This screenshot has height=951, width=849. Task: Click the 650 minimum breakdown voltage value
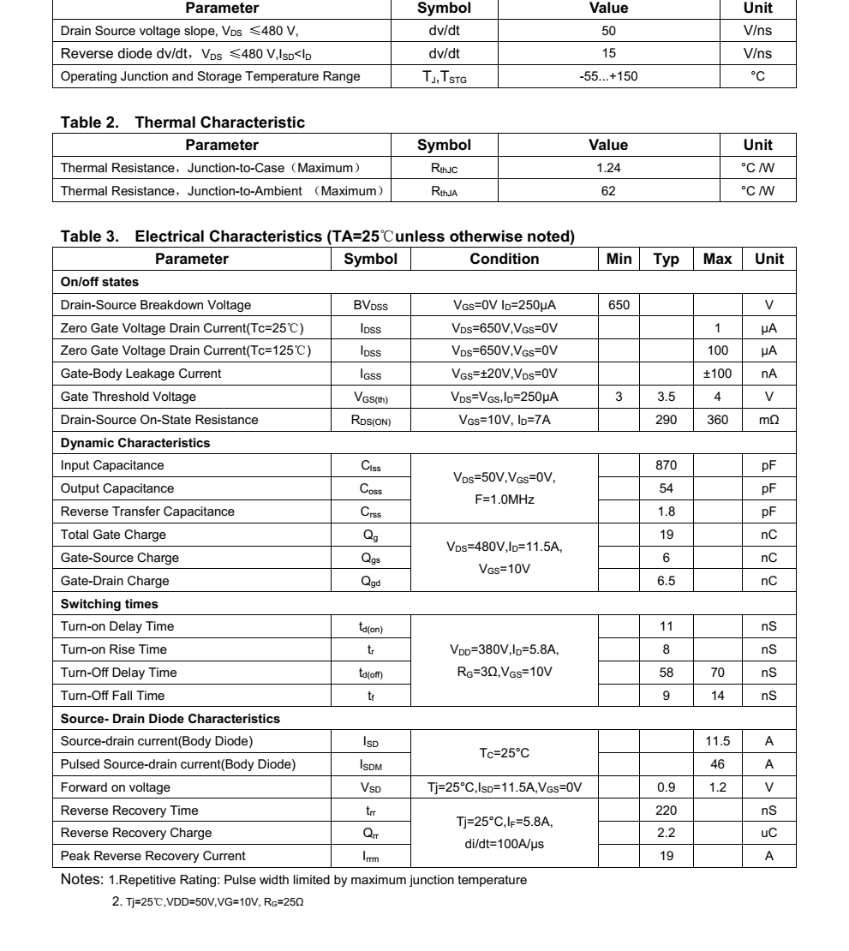pyautogui.click(x=618, y=305)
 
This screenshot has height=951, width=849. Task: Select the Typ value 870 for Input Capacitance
pyautogui.click(x=666, y=465)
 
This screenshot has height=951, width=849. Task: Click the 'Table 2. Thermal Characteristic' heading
pyautogui.click(x=182, y=123)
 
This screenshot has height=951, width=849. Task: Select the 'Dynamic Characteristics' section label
pyautogui.click(x=135, y=443)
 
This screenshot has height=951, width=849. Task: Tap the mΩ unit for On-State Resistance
pyautogui.click(x=768, y=420)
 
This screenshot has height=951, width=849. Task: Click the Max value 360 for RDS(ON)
pyautogui.click(x=717, y=420)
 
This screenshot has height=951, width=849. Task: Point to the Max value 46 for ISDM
pyautogui.click(x=717, y=764)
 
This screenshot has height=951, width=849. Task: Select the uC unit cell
pyautogui.click(x=768, y=833)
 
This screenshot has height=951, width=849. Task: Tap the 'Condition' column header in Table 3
pyautogui.click(x=505, y=259)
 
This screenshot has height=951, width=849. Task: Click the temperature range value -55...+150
pyautogui.click(x=608, y=76)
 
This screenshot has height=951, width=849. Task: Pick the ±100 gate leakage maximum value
pyautogui.click(x=717, y=374)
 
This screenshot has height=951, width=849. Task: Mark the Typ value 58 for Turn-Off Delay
pyautogui.click(x=666, y=673)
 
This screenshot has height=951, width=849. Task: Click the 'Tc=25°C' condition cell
pyautogui.click(x=505, y=753)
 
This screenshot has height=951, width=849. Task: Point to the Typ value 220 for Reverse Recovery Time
pyautogui.click(x=666, y=810)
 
